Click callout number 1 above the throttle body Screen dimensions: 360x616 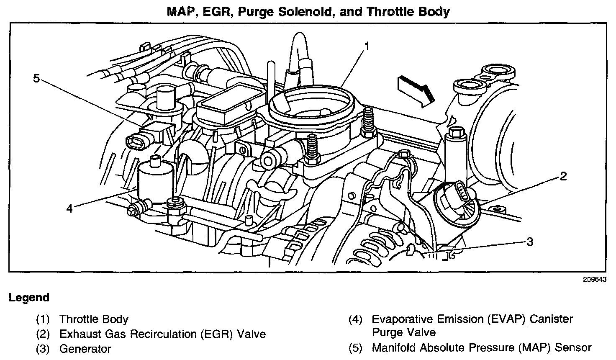point(366,46)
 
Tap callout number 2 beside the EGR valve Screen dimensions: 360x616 point(563,176)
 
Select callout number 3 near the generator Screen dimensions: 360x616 point(530,242)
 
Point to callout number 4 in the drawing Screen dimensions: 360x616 point(69,208)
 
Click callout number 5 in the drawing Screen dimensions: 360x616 point(37,78)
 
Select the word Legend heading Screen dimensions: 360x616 point(29,298)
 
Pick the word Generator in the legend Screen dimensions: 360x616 point(85,348)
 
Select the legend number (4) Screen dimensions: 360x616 point(355,319)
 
